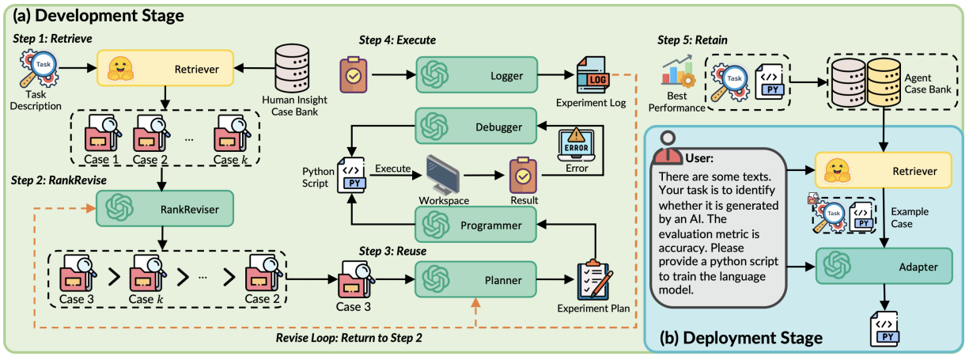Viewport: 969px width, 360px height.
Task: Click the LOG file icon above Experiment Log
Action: (594, 74)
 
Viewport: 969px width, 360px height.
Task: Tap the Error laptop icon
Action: (577, 144)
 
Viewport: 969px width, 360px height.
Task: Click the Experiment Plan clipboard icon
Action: (597, 278)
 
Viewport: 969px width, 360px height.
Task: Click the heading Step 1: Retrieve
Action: (49, 38)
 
